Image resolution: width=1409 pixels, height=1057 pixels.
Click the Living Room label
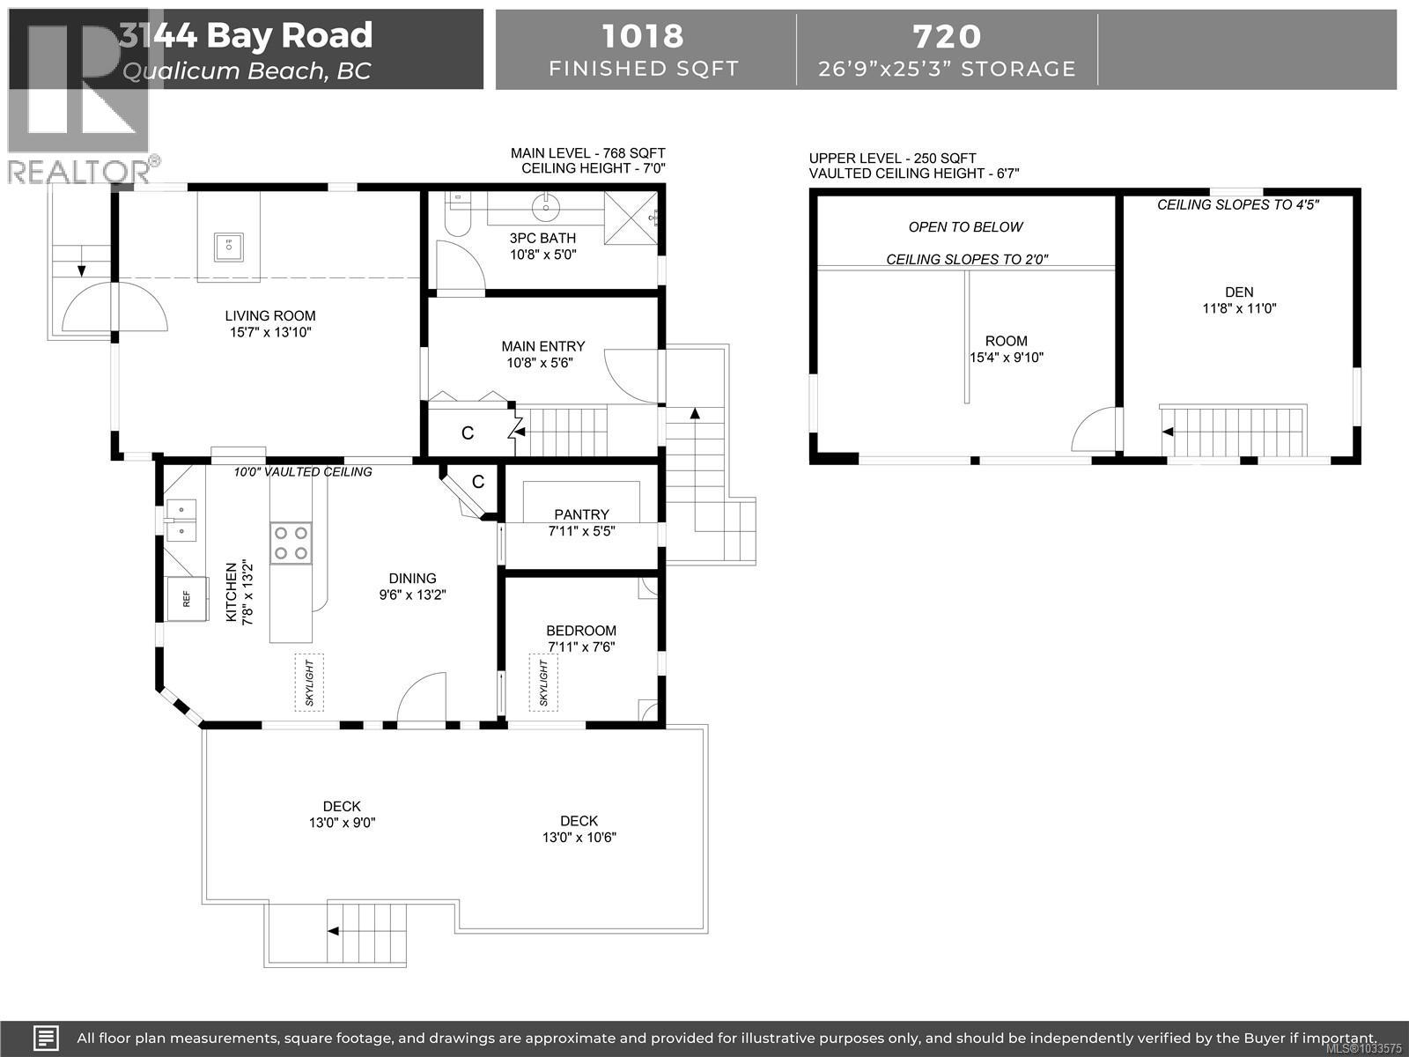269,324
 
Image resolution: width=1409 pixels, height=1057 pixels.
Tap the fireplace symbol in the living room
228,248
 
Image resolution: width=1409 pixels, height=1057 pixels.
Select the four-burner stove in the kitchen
291,543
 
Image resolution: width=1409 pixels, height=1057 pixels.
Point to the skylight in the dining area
309,683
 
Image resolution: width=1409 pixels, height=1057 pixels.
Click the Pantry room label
581,522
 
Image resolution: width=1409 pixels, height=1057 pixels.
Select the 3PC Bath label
542,246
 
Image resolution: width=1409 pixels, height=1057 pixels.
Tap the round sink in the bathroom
547,208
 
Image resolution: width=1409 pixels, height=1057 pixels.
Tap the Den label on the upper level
1239,299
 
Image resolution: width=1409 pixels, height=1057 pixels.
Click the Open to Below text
965,227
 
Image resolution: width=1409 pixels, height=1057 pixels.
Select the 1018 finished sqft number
643,36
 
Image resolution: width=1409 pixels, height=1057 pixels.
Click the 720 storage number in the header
947,36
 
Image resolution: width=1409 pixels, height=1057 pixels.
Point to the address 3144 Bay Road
247,35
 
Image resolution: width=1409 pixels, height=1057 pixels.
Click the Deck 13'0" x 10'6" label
579,828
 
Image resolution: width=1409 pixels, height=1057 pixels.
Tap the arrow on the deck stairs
335,930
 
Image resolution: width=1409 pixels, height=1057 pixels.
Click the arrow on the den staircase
1168,432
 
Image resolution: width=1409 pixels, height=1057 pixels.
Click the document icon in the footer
46,1038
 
